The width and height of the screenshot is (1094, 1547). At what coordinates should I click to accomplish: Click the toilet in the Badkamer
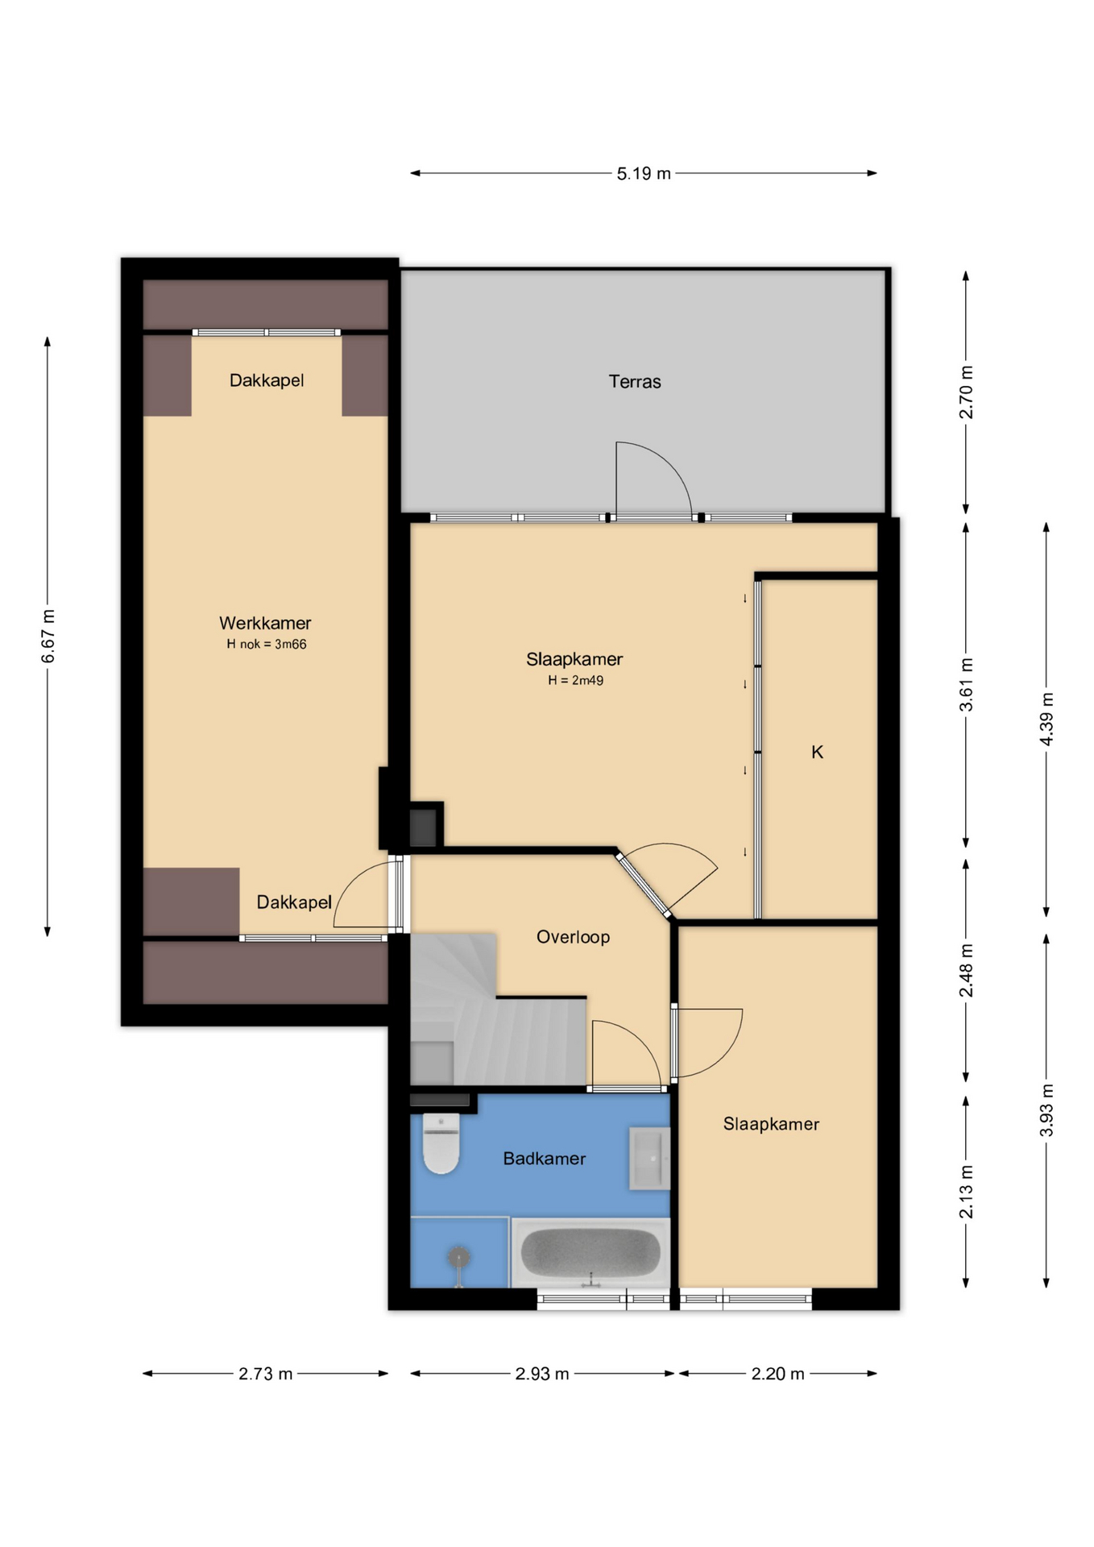point(441,1143)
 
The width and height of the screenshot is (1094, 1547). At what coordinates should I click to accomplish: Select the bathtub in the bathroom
point(591,1253)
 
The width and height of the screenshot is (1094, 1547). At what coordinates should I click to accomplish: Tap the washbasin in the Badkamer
point(649,1159)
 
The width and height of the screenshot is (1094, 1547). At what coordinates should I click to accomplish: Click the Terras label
point(635,382)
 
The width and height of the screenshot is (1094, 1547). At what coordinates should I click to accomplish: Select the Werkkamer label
point(265,623)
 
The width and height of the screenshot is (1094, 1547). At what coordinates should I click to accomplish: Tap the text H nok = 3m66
point(267,644)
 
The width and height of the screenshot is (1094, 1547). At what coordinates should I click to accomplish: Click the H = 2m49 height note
point(575,680)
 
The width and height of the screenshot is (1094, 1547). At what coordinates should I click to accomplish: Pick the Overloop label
point(573,937)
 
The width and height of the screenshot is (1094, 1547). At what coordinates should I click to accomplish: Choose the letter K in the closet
point(817,752)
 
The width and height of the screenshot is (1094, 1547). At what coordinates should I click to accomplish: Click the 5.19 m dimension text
point(644,173)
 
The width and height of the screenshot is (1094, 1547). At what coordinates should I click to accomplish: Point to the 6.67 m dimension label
point(48,637)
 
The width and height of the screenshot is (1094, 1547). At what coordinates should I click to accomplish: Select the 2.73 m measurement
point(265,1374)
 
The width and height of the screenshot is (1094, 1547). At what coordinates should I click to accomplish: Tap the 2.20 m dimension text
point(777,1374)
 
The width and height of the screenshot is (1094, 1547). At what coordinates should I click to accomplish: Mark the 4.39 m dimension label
point(1046,719)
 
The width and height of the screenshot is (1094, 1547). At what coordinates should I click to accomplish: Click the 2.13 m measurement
point(967,1192)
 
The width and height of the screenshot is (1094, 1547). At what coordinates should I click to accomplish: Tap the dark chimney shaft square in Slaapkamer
point(423,827)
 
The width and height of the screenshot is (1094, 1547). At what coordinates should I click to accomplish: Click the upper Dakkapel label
point(267,380)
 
